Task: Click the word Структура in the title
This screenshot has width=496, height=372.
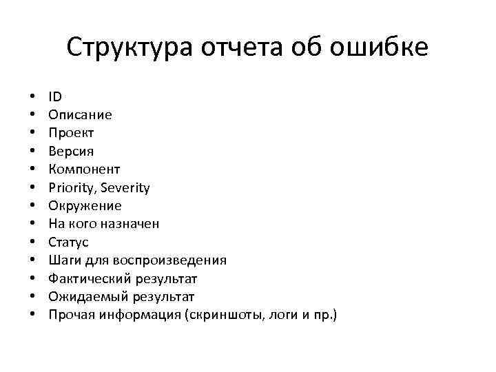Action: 131,48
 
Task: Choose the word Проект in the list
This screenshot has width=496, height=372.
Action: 71,133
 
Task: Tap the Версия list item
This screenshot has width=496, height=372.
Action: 71,151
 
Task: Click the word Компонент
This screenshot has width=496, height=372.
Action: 84,169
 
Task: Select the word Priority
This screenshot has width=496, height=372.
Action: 71,187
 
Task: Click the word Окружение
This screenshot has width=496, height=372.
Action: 85,205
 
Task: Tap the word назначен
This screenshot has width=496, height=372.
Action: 135,224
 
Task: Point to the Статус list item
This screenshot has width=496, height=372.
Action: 68,242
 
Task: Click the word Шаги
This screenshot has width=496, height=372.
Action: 64,260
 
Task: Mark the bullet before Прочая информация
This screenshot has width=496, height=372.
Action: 32,316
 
